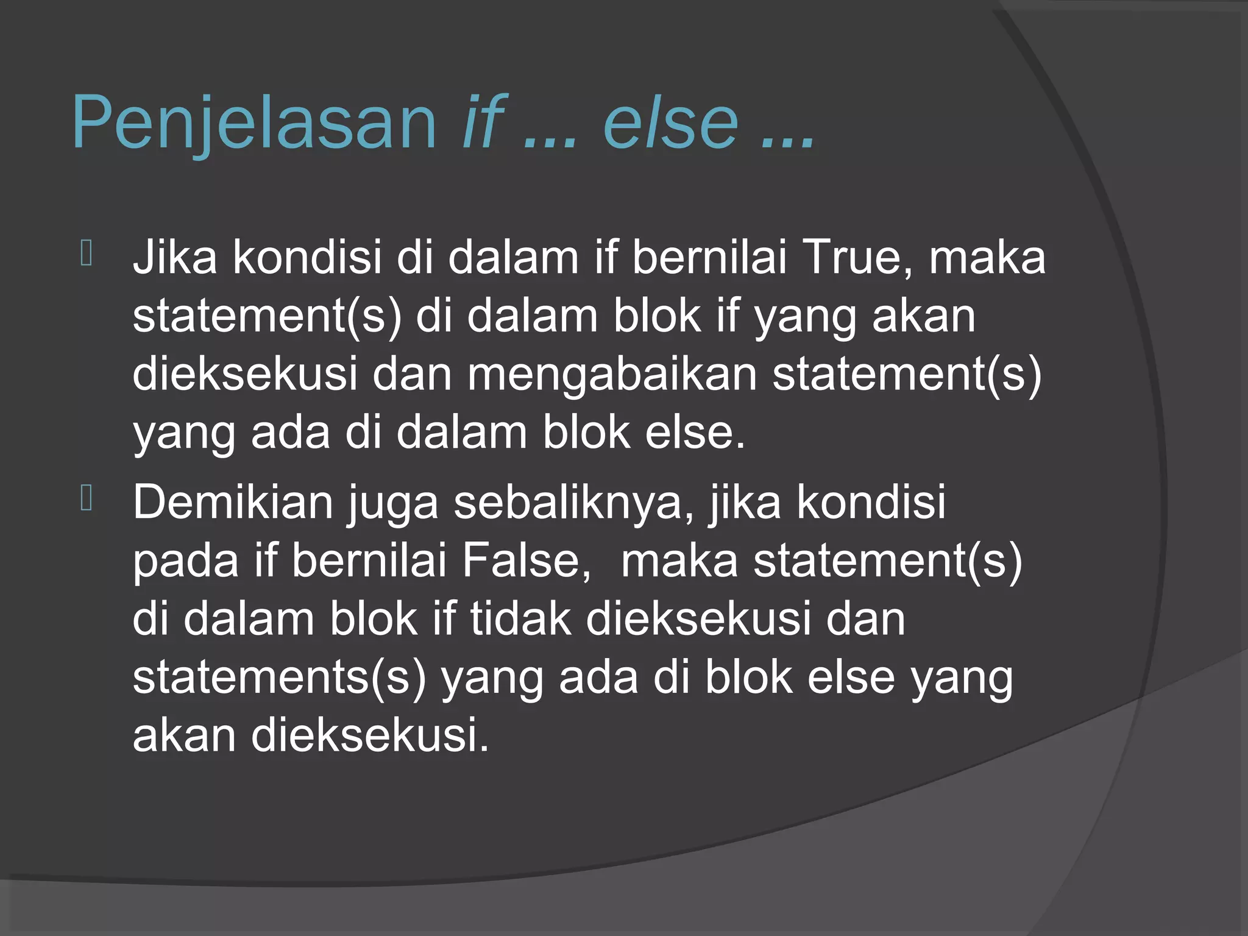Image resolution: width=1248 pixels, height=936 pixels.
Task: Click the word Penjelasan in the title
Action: (x=253, y=123)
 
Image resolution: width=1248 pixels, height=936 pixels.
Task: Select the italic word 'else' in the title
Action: (x=670, y=123)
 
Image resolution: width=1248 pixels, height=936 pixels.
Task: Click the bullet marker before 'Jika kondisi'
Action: (x=86, y=253)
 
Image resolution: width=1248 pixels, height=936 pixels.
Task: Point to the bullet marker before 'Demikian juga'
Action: (x=86, y=498)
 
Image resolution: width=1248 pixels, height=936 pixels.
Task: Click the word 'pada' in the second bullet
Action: (x=186, y=561)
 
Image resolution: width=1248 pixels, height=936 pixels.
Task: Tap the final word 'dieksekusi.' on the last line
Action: (x=370, y=735)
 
